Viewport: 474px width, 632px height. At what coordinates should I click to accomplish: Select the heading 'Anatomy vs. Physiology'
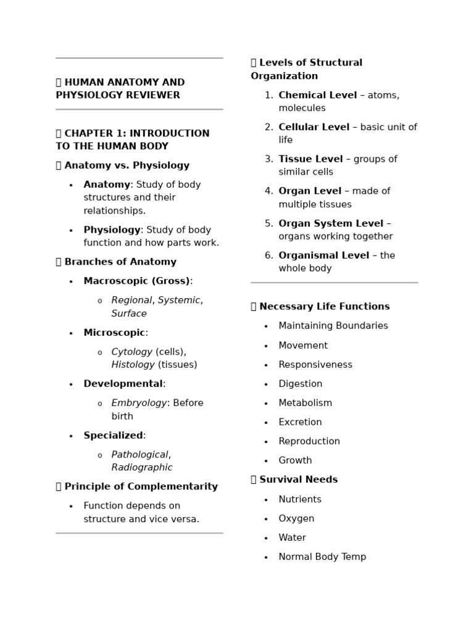(127, 165)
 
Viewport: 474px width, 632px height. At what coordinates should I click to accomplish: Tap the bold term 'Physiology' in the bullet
(112, 230)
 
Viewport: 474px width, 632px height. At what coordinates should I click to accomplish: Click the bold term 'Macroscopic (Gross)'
(136, 281)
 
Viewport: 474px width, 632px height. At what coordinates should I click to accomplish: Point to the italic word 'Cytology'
(131, 352)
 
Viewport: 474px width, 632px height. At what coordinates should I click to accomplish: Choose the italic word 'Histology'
(133, 365)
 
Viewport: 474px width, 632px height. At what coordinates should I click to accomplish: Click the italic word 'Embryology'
(139, 403)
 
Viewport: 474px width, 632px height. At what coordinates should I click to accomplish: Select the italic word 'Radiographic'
(141, 467)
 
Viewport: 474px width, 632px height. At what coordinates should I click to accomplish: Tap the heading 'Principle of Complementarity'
(141, 486)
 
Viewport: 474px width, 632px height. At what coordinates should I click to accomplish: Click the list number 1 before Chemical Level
(268, 95)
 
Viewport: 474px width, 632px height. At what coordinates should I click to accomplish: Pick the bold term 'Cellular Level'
(314, 127)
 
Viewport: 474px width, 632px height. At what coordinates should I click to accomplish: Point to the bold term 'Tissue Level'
(310, 159)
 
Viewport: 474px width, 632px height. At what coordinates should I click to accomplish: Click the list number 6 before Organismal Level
(268, 256)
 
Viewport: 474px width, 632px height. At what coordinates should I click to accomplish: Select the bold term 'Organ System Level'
(331, 223)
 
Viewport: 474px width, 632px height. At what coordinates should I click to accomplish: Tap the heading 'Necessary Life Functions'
(324, 307)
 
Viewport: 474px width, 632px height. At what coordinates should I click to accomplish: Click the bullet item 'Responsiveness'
(315, 365)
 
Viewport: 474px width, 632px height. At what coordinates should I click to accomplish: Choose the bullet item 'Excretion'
(300, 422)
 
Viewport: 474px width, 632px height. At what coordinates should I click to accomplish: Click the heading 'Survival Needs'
(298, 480)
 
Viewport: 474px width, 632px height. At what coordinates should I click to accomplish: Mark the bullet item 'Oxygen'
(296, 518)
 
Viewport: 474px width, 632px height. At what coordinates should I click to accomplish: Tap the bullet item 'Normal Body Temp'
(322, 557)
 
